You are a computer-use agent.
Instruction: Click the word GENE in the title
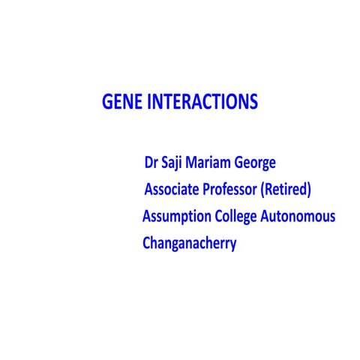[119, 101]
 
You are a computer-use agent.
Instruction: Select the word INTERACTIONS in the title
[199, 101]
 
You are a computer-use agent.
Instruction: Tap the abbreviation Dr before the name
[148, 162]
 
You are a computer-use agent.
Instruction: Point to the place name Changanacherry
[189, 244]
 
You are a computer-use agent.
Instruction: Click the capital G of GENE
[106, 101]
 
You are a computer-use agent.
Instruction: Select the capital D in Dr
[146, 162]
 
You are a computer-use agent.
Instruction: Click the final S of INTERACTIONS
[253, 101]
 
